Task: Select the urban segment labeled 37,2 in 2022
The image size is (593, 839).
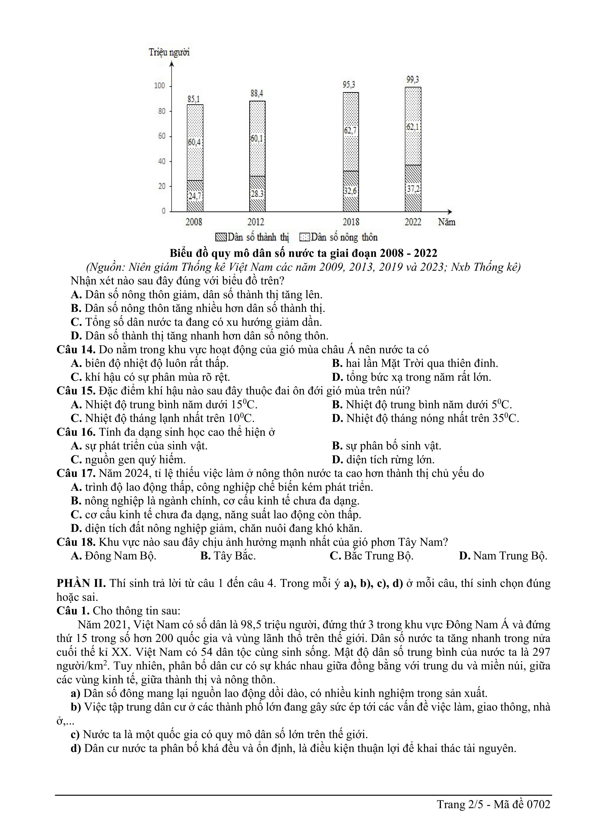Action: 413,188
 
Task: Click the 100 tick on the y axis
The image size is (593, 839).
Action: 160,86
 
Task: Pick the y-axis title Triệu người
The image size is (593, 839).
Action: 169,52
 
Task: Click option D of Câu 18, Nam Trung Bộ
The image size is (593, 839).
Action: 503,556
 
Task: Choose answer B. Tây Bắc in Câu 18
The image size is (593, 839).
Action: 228,556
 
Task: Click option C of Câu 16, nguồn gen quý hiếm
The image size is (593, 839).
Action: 128,460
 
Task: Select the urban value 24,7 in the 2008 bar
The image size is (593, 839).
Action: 195,196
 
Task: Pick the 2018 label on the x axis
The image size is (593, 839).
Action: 351,222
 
